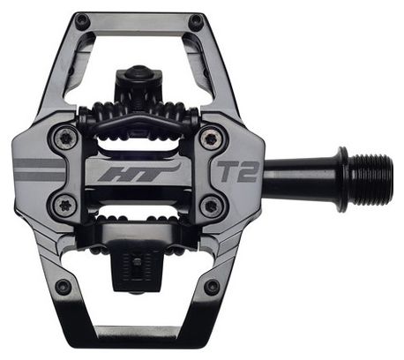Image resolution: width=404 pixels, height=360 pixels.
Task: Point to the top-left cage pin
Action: click(81, 20)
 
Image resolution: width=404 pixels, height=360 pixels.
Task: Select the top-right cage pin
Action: click(195, 20)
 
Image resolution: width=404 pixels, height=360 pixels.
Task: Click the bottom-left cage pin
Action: click(63, 287)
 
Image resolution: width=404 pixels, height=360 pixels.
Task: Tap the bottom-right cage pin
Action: click(211, 287)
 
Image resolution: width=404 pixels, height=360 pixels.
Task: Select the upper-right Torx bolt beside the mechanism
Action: click(208, 137)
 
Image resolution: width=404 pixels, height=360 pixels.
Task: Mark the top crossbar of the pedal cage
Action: click(138, 18)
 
